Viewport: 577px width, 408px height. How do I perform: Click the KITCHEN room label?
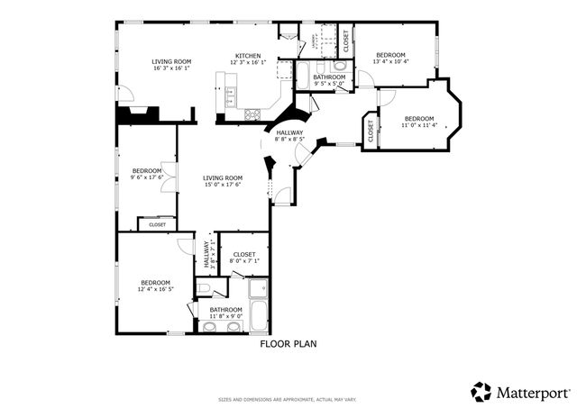click(248, 55)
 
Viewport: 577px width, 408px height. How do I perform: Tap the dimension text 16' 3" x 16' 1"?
click(170, 68)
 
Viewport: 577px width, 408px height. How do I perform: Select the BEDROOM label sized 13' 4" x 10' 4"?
click(390, 55)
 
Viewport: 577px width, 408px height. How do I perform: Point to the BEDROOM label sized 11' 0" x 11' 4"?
click(418, 119)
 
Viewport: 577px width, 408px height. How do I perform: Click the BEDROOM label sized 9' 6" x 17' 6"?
click(146, 171)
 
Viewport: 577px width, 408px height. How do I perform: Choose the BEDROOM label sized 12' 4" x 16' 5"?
click(155, 283)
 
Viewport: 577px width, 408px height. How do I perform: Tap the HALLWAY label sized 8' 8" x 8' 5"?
click(289, 132)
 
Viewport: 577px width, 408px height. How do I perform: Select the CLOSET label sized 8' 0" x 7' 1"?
click(244, 255)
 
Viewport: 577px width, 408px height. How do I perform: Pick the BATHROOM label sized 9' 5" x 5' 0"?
click(329, 77)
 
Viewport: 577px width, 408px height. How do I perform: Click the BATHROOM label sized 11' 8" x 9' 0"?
click(225, 310)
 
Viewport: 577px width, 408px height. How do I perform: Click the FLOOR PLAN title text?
click(288, 343)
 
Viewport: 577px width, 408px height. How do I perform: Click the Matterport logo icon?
click(481, 392)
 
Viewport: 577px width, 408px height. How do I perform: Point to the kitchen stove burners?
click(252, 114)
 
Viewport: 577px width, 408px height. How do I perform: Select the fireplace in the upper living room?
click(139, 113)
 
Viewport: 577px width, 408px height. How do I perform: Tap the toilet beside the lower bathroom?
click(205, 288)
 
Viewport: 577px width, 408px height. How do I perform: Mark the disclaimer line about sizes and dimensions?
click(288, 400)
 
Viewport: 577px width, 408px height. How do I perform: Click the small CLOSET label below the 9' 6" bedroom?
click(157, 224)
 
